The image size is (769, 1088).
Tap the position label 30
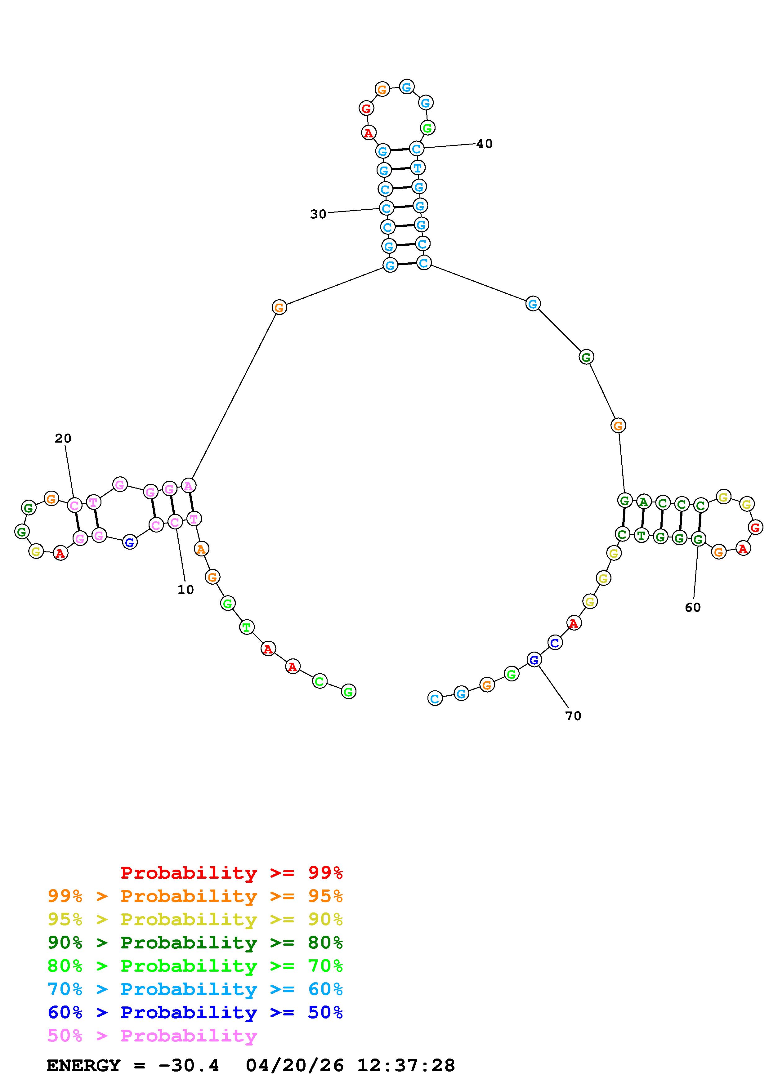[x=318, y=214]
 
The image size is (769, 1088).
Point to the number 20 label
[x=63, y=438]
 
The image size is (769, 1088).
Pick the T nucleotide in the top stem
[x=418, y=167]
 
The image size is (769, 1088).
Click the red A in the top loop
[x=368, y=133]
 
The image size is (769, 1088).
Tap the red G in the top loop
[x=366, y=109]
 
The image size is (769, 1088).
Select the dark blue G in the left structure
[x=130, y=542]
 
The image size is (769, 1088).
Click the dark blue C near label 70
[x=555, y=643]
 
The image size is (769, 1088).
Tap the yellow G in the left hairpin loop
[x=36, y=551]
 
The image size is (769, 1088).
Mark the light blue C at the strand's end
[x=435, y=698]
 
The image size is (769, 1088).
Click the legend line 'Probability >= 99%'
[x=231, y=872]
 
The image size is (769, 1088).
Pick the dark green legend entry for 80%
[x=195, y=943]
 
